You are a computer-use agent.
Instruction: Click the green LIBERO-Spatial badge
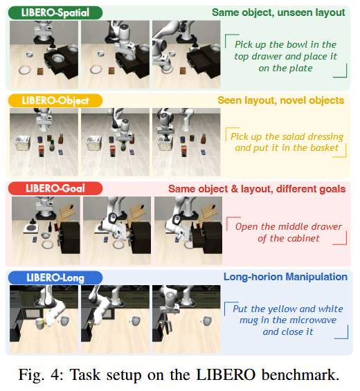[55, 12]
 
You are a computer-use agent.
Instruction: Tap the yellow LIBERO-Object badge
[55, 101]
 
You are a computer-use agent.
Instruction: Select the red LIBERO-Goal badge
[55, 188]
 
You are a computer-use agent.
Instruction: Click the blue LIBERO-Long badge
[55, 278]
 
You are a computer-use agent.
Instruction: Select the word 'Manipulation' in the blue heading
[316, 277]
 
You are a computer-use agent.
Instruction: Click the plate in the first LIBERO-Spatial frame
[25, 70]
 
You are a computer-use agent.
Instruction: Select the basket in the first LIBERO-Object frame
[23, 143]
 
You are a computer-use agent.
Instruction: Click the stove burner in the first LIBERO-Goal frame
[31, 228]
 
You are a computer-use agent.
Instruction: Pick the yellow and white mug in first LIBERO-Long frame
[41, 323]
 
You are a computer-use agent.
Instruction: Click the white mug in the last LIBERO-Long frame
[207, 320]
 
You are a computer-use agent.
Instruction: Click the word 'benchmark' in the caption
[298, 374]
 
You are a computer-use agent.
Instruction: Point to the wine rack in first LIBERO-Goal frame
[66, 213]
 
